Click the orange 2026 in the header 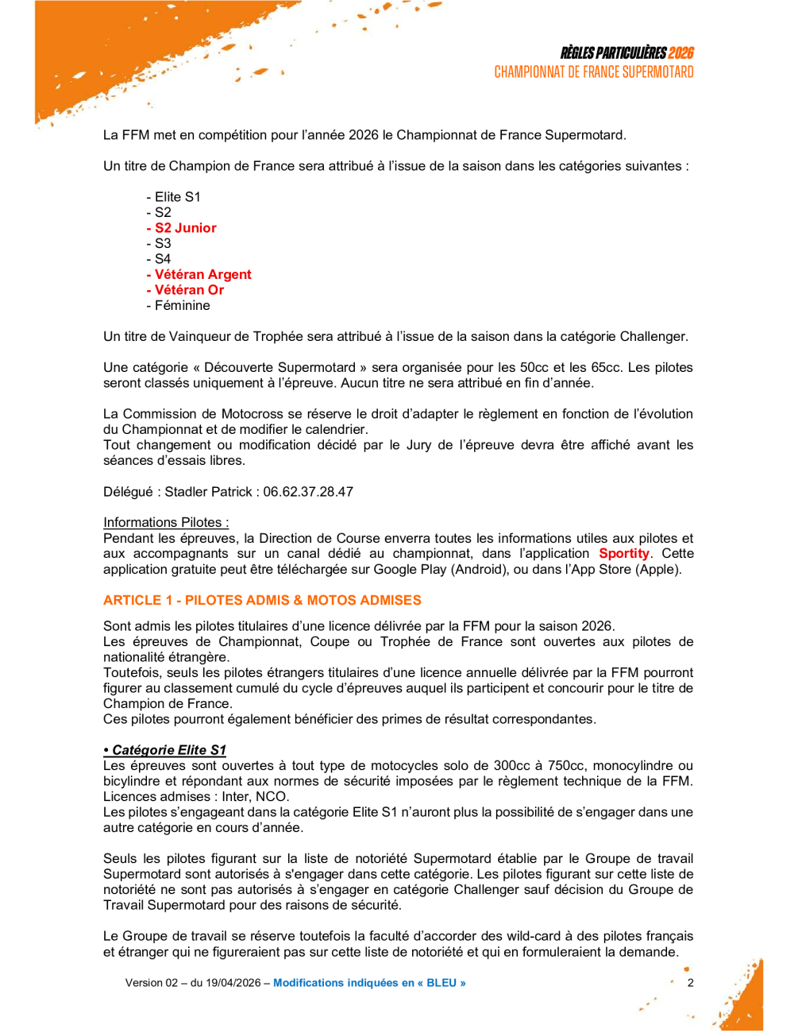680,53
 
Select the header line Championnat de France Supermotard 593,72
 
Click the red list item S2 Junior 185,228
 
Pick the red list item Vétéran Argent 202,275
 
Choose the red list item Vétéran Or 189,290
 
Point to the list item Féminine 182,306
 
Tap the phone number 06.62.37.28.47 308,492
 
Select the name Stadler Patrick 208,492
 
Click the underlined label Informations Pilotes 166,523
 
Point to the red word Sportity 624,554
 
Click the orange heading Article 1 262,601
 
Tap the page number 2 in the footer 690,983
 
